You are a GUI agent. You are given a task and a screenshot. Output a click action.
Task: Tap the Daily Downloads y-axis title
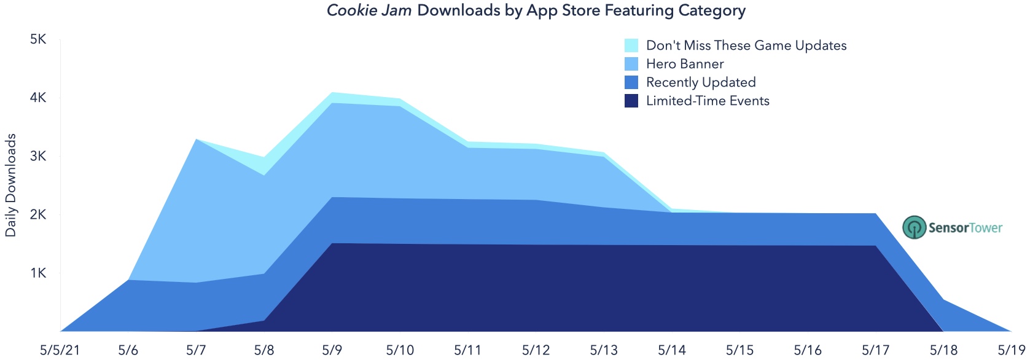pos(10,186)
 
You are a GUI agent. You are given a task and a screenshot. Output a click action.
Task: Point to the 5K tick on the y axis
pos(38,39)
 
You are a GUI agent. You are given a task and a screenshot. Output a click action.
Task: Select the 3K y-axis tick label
pos(38,156)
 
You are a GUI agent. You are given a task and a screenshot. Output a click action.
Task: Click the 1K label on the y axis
pos(38,273)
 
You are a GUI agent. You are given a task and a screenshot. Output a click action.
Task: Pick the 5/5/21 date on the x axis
pos(61,350)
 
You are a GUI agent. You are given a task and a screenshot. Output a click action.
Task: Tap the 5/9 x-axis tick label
pos(332,350)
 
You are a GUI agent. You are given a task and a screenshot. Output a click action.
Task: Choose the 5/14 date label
pos(672,350)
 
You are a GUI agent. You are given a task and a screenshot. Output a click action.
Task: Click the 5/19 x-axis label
pos(1011,350)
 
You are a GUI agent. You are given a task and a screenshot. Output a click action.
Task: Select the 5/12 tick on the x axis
pos(536,350)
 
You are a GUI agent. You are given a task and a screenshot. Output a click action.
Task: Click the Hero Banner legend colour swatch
pos(631,64)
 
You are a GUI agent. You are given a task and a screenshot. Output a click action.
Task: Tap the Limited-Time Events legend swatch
pos(631,101)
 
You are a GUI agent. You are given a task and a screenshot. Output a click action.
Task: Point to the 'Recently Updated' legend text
pos(701,82)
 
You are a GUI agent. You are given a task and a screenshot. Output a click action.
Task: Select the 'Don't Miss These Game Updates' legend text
pos(746,45)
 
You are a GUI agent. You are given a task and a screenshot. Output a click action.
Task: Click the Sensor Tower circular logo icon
pos(914,227)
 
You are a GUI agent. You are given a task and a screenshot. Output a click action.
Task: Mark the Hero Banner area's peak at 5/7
pos(197,139)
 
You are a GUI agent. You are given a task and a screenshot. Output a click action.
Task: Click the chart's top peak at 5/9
pos(332,92)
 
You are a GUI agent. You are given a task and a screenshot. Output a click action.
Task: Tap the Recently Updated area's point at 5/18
pos(943,300)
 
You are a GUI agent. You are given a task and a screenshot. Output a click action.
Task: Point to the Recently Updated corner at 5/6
pos(128,280)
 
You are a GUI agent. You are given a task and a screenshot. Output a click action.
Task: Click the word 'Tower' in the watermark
pos(983,227)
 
